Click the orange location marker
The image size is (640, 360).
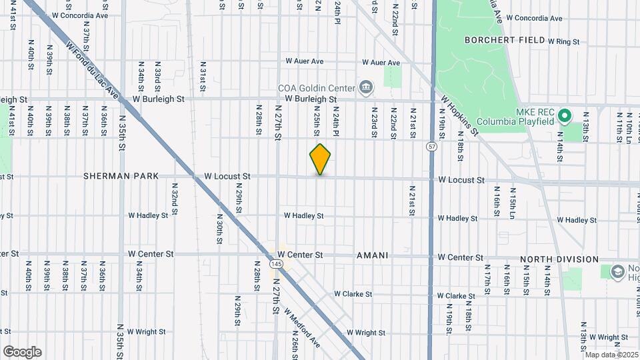click(320, 159)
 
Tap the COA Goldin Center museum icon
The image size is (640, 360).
click(366, 87)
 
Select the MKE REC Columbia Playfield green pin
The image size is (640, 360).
click(564, 116)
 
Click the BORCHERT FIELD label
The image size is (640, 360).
click(504, 40)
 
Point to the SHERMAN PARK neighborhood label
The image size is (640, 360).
click(121, 177)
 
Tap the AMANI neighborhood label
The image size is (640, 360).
click(373, 255)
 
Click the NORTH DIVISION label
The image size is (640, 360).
click(559, 259)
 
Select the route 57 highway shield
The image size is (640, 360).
click(433, 146)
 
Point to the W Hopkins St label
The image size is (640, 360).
click(460, 115)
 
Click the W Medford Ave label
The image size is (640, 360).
click(302, 327)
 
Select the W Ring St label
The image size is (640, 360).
click(564, 41)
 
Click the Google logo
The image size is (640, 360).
click(22, 351)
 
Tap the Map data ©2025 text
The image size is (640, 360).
click(611, 355)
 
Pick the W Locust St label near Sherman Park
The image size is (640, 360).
click(227, 177)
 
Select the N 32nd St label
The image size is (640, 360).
click(174, 195)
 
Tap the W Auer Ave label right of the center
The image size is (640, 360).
click(381, 63)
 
